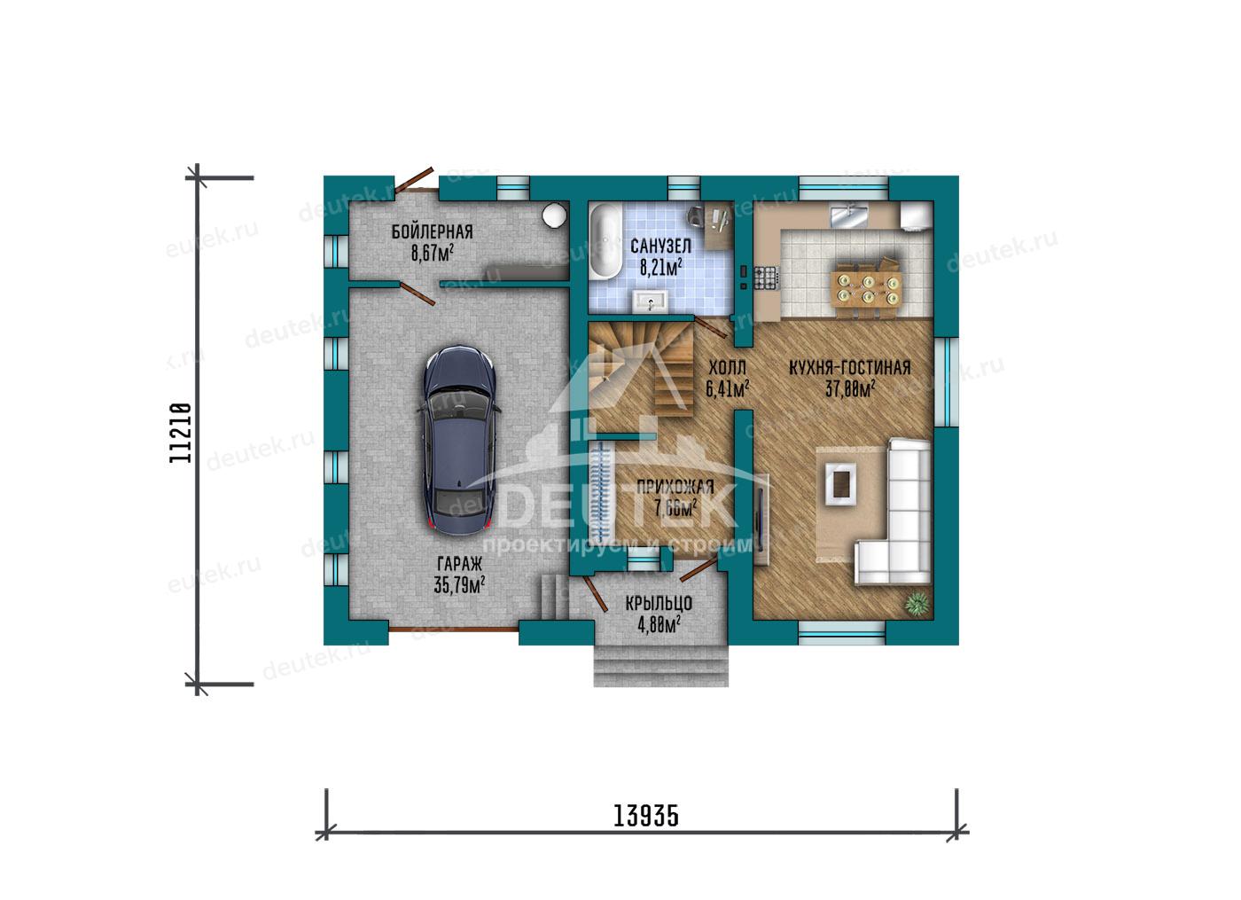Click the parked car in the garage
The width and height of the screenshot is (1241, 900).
click(459, 441)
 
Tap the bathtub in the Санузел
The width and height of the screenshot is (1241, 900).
click(605, 241)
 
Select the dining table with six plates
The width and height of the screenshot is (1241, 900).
click(868, 289)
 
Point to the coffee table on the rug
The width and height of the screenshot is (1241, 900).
click(841, 484)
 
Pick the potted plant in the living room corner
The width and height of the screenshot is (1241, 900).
click(917, 603)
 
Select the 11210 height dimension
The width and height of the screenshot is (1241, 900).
click(181, 433)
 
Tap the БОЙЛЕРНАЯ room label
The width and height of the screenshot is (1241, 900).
click(433, 231)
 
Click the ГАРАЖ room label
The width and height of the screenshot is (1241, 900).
click(460, 564)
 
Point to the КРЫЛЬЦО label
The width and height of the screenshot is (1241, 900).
click(660, 604)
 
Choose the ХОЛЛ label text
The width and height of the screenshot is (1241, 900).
click(728, 367)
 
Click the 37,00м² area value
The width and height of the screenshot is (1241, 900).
click(850, 388)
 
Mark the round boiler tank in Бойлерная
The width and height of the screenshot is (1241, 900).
click(555, 215)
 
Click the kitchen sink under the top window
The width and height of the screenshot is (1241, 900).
click(847, 215)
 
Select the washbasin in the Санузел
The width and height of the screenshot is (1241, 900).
click(651, 301)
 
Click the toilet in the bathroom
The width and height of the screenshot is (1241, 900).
click(695, 216)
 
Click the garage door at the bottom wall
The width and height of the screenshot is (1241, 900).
click(454, 630)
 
